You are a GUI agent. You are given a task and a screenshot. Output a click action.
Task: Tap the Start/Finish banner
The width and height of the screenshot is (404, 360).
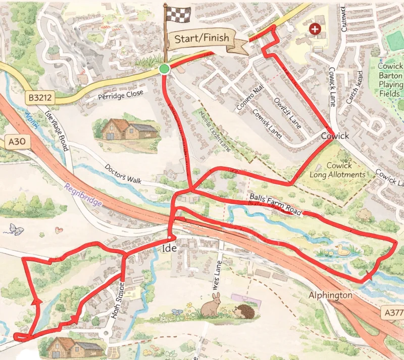202,38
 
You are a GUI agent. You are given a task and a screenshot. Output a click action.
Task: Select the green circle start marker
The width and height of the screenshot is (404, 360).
164,69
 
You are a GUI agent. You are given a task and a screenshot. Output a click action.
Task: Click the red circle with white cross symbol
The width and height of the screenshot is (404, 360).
316,29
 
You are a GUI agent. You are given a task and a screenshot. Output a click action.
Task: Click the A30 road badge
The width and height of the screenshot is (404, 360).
17,143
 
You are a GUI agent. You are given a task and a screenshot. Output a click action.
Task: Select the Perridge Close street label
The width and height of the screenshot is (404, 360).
121,95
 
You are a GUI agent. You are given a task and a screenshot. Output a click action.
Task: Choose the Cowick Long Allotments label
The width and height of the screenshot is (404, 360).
345,170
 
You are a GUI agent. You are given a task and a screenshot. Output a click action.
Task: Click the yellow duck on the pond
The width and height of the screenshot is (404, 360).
343,249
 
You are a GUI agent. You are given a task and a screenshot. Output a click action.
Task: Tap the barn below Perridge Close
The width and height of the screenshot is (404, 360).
125,130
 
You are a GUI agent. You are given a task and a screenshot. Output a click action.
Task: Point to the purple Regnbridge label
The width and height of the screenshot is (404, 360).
83,195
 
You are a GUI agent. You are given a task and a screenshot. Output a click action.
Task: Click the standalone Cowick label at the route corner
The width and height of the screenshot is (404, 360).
335,136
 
